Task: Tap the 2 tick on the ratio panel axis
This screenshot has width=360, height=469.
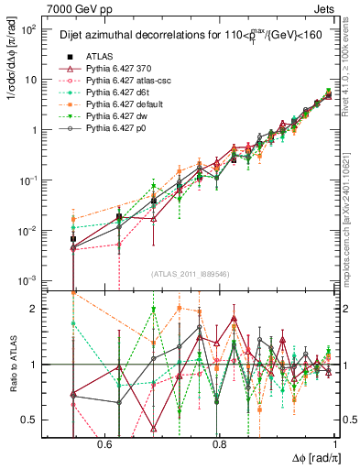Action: pos(37,309)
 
